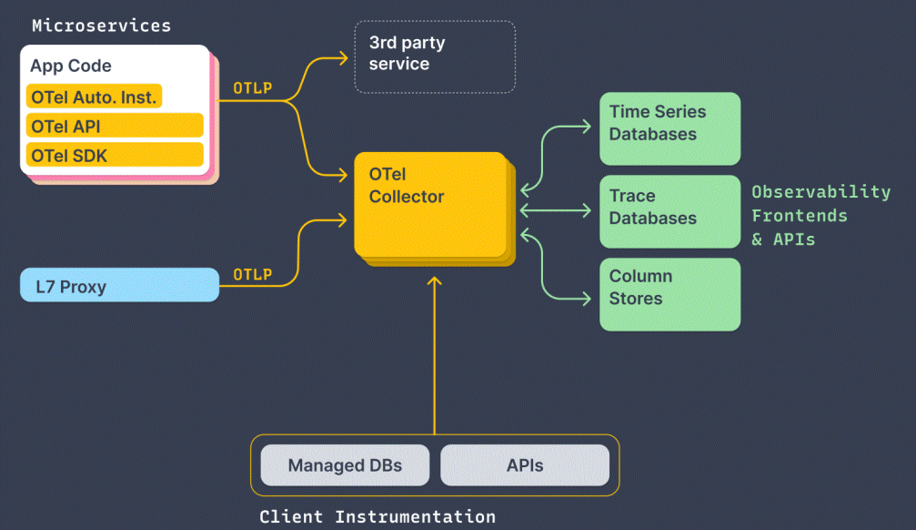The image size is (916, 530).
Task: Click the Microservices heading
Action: [x=101, y=25]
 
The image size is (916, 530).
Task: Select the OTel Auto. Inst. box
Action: [x=94, y=97]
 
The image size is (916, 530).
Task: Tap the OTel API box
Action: [x=114, y=126]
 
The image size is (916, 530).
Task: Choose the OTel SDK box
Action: [x=114, y=155]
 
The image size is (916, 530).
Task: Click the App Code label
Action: [x=71, y=66]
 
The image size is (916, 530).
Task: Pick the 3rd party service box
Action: [x=435, y=56]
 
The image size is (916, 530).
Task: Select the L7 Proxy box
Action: [x=119, y=287]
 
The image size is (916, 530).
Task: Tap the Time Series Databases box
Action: [x=669, y=127]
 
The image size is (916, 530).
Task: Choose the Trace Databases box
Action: [x=669, y=210]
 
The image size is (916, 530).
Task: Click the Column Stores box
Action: [x=669, y=293]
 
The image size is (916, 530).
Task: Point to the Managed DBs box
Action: [x=345, y=465]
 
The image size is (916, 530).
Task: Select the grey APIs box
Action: [x=525, y=465]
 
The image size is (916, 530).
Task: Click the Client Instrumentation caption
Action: [x=377, y=517]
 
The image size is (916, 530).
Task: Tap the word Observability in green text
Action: [x=820, y=192]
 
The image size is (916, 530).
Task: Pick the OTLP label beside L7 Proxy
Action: [x=252, y=274]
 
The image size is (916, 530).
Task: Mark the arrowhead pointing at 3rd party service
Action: [x=344, y=58]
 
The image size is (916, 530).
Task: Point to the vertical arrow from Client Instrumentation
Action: [x=435, y=364]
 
